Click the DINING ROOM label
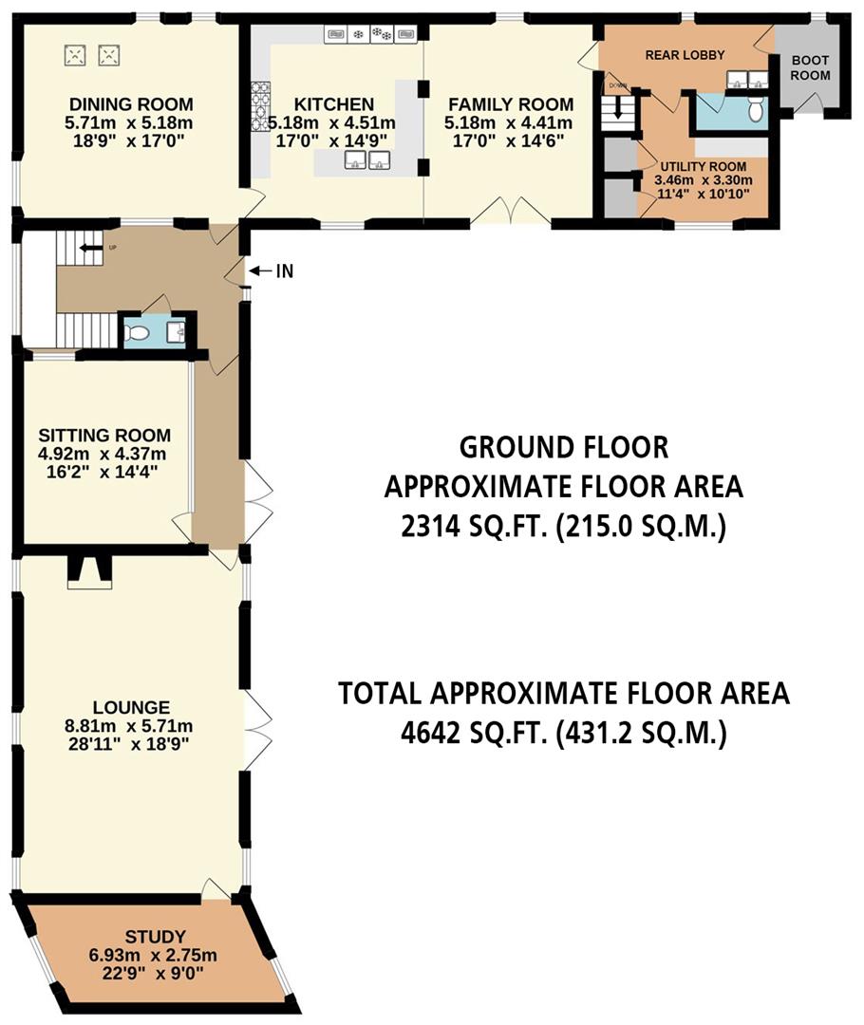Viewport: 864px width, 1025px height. pos(130,104)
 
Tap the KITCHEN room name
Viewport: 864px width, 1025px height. pos(333,104)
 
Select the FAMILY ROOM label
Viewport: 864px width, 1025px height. pos(511,104)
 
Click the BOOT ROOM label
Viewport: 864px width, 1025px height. pos(810,67)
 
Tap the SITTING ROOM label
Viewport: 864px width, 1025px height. pos(104,436)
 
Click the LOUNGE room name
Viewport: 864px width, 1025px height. pos(131,707)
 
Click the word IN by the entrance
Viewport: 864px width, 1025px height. pos(284,271)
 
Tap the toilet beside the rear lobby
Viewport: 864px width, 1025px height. pos(756,112)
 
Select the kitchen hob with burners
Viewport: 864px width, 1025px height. pos(260,106)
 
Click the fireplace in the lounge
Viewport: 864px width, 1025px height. pos(89,572)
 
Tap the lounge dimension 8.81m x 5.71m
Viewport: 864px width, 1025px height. pos(131,727)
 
